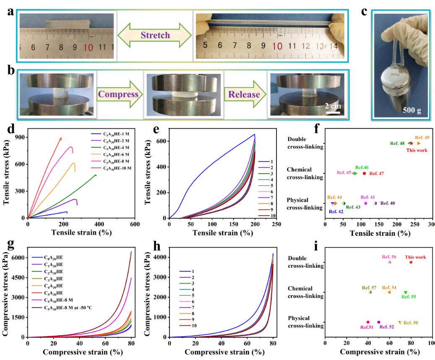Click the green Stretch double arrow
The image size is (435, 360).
click(155, 35)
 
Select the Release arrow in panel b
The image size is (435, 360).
click(245, 94)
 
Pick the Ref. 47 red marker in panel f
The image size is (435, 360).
click(364, 173)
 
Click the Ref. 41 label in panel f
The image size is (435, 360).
click(367, 197)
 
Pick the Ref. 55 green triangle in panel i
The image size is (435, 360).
click(405, 292)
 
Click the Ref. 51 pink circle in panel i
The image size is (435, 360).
click(368, 322)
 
